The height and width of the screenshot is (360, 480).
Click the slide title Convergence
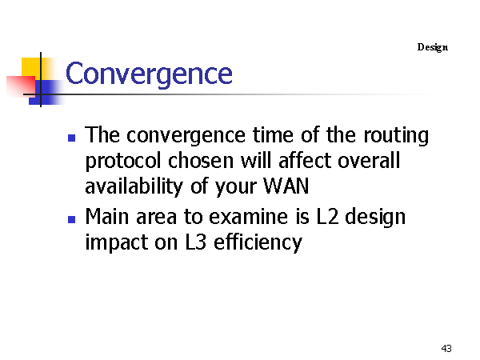click(x=149, y=74)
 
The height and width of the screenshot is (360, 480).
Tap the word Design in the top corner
click(x=433, y=47)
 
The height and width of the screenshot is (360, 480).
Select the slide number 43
click(x=446, y=348)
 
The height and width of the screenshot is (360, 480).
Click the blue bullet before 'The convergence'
click(x=72, y=138)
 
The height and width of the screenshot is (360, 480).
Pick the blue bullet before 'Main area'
click(x=72, y=219)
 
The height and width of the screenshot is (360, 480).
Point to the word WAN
click(x=286, y=186)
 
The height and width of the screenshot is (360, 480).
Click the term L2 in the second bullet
click(x=327, y=217)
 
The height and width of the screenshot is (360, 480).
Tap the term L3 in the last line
click(x=196, y=242)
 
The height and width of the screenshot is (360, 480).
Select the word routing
click(x=396, y=136)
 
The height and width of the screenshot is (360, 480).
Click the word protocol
click(x=123, y=162)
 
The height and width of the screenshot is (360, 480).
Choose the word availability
click(x=134, y=186)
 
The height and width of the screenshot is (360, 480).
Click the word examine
click(x=248, y=217)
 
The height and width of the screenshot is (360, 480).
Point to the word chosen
click(x=201, y=161)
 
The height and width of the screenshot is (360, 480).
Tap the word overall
click(x=369, y=161)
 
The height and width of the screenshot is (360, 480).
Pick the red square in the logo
click(x=21, y=86)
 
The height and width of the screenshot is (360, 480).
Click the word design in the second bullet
click(x=375, y=218)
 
